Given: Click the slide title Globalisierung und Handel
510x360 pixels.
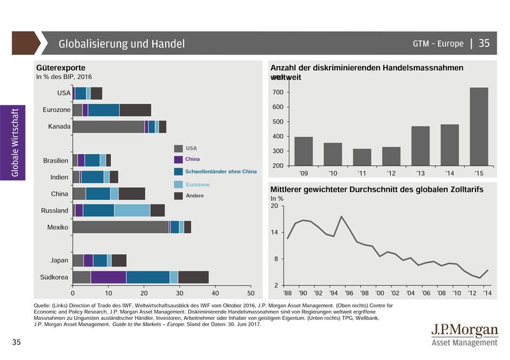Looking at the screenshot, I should click(x=121, y=44).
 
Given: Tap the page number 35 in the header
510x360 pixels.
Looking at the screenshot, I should click(x=484, y=43).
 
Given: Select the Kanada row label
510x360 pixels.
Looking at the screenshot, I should click(x=59, y=127).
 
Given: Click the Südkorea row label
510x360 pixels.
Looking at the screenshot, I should click(x=55, y=277).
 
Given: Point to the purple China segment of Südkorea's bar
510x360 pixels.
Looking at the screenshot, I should click(x=108, y=277).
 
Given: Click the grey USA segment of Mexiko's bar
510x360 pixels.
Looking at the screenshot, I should click(x=120, y=227).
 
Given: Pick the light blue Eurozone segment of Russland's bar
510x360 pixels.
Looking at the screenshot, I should click(x=132, y=210).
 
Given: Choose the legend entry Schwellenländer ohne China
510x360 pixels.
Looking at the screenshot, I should click(x=221, y=171).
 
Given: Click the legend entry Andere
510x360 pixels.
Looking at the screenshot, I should click(x=194, y=196).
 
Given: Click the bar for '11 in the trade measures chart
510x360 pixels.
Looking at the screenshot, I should click(x=362, y=157).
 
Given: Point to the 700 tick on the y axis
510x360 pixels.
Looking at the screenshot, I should click(x=279, y=92).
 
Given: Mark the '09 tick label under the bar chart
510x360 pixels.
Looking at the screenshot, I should click(x=303, y=173).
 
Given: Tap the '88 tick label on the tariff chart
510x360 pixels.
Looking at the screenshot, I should click(x=288, y=293).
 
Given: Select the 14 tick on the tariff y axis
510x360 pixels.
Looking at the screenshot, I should click(x=274, y=233).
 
